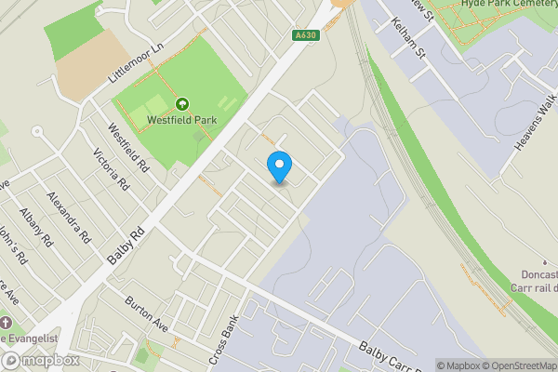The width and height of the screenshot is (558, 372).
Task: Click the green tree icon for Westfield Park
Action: point(182,104)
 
